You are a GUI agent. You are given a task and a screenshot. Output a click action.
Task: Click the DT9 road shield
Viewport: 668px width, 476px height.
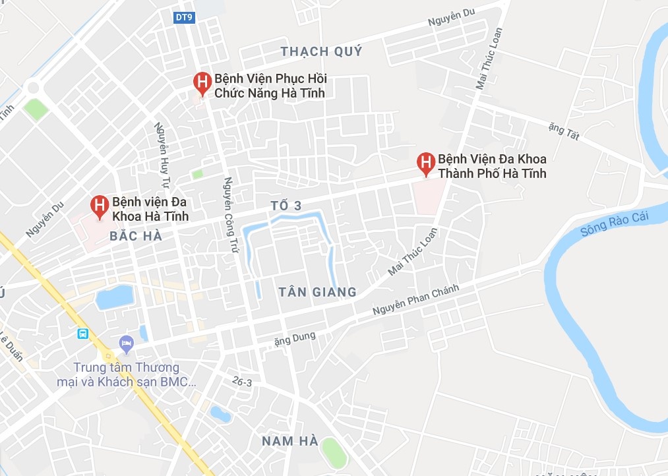tap(184, 18)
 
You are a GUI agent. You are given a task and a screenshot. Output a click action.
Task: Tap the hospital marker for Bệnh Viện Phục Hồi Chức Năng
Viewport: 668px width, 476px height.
tap(202, 82)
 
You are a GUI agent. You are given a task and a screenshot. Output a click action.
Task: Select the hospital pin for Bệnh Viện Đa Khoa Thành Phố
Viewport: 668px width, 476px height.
tap(427, 162)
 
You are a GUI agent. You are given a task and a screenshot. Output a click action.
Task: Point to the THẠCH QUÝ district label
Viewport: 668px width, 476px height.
tap(321, 51)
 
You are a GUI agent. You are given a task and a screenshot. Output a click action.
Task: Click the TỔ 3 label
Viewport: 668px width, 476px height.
tap(286, 206)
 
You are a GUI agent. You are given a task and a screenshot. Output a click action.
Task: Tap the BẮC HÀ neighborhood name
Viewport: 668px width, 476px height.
tap(137, 236)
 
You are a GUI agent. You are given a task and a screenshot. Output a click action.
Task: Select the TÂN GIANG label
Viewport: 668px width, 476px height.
tap(317, 291)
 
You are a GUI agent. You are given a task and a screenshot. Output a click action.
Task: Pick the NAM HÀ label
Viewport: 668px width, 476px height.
tap(289, 440)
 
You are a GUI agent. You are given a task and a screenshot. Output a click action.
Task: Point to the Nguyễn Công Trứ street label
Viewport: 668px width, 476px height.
tap(230, 214)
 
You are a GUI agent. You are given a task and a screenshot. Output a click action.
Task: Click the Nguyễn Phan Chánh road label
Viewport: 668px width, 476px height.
tap(415, 299)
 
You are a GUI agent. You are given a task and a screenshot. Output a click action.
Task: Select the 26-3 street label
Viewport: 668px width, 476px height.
tap(242, 381)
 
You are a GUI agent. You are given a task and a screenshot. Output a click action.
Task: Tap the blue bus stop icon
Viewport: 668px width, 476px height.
tap(83, 334)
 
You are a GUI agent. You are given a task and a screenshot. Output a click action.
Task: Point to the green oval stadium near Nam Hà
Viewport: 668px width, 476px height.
tap(334, 452)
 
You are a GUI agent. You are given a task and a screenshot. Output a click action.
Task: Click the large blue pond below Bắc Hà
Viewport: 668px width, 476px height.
tap(114, 298)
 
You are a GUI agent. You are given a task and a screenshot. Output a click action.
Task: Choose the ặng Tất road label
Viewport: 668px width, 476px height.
tap(563, 129)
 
